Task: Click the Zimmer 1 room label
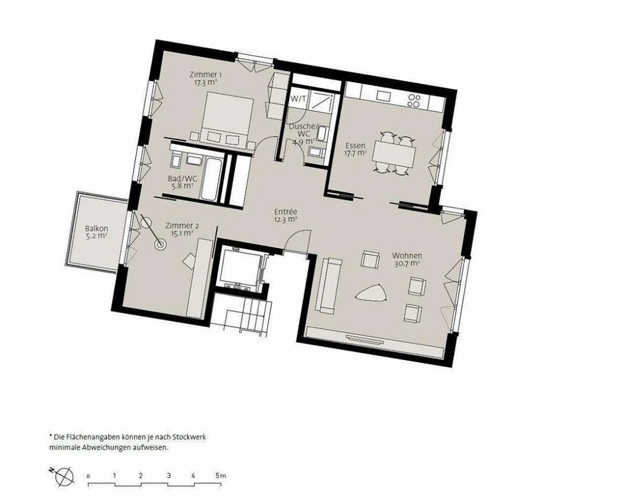tap(203, 74)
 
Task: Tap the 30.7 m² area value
tap(407, 263)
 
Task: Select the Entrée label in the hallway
tap(286, 212)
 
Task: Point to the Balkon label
tap(96, 228)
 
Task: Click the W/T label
tap(298, 99)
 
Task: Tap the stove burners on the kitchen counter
tap(414, 100)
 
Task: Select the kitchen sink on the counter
tap(383, 96)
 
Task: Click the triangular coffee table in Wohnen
tap(370, 294)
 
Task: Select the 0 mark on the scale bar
tap(88, 476)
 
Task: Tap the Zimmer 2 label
tap(182, 225)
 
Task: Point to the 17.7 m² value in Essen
tap(355, 153)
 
